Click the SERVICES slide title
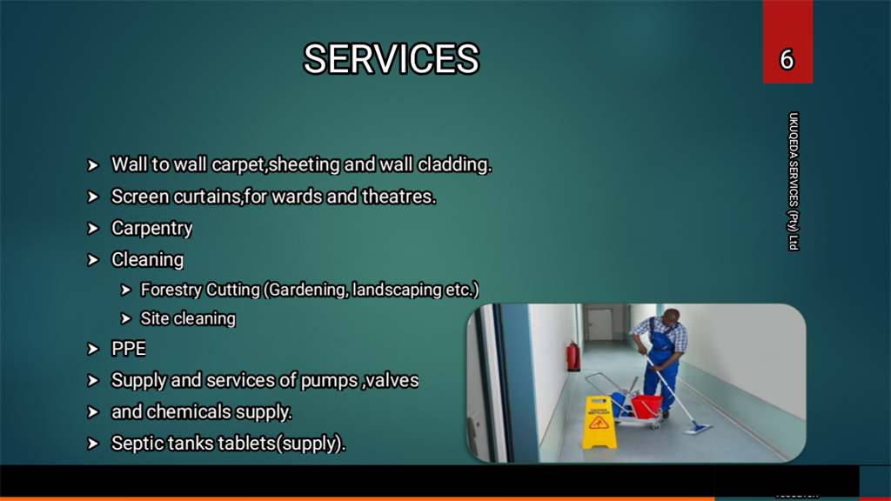click(392, 59)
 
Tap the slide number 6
click(787, 60)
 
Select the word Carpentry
click(151, 229)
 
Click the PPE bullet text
click(129, 348)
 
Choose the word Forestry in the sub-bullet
click(171, 290)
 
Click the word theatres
click(399, 197)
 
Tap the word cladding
click(454, 164)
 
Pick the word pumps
click(329, 381)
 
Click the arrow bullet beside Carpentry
click(93, 229)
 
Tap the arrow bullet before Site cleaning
click(125, 318)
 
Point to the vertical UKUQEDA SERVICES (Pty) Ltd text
click(794, 181)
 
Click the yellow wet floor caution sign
click(599, 422)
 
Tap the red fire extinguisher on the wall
click(573, 356)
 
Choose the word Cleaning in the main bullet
click(147, 259)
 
